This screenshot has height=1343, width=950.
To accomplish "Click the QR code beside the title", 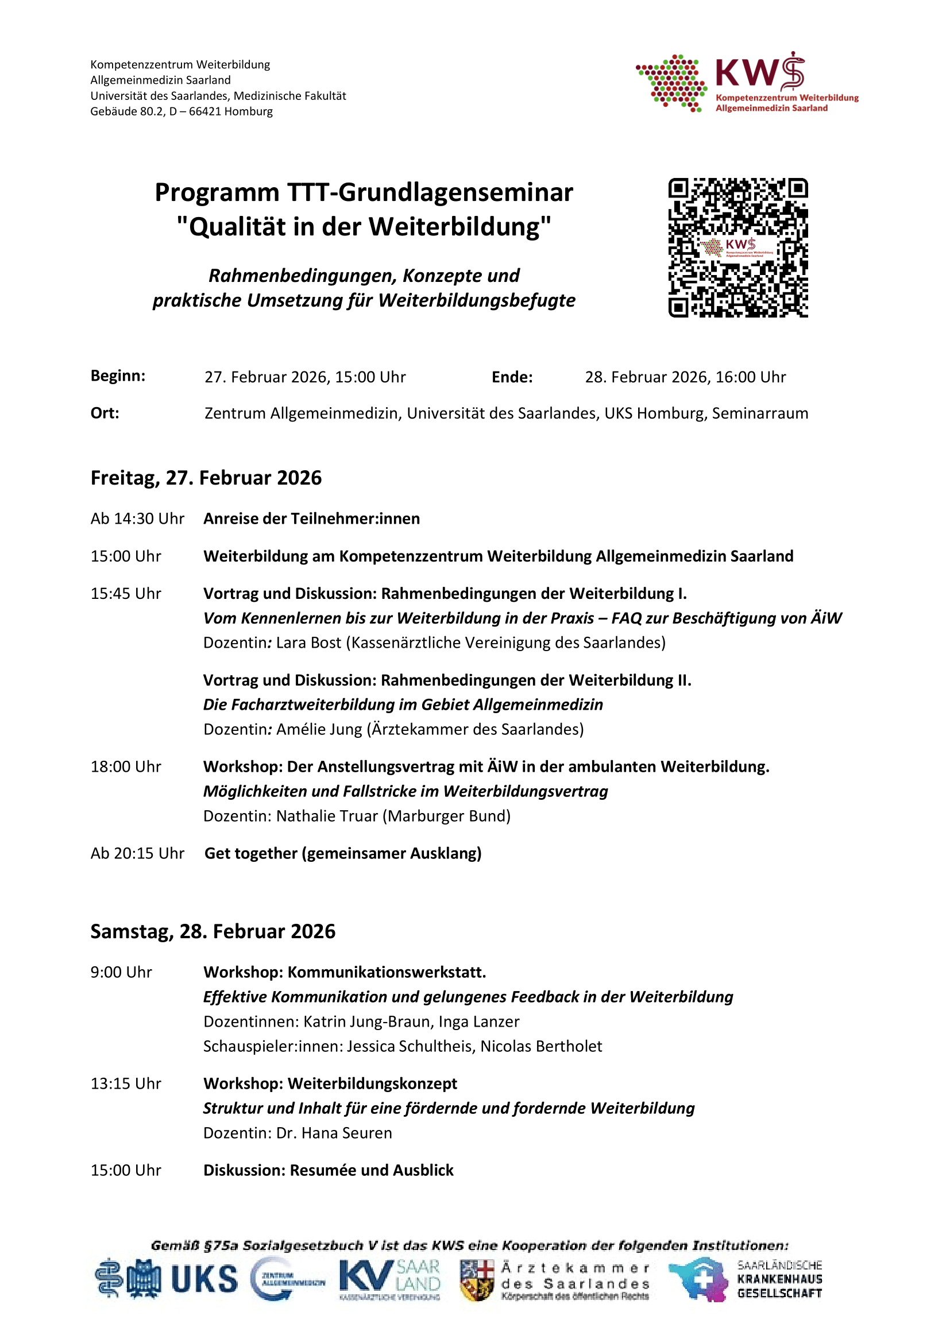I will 737,247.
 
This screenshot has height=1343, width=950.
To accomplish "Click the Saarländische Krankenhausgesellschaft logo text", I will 779,1279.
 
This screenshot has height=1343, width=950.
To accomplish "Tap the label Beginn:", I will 118,376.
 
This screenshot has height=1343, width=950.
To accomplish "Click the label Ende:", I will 512,377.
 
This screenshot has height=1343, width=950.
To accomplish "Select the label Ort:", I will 105,413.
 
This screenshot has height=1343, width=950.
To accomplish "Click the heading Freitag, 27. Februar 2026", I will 206,478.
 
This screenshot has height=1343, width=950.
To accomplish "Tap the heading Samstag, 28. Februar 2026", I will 213,931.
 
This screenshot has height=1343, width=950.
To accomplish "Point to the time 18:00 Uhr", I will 125,767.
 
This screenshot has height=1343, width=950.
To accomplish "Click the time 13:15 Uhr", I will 125,1084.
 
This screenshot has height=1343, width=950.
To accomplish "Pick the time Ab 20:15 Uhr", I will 137,853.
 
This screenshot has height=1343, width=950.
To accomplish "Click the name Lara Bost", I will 308,643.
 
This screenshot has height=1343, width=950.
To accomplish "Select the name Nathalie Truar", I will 326,816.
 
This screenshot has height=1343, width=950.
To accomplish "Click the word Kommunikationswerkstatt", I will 387,973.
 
